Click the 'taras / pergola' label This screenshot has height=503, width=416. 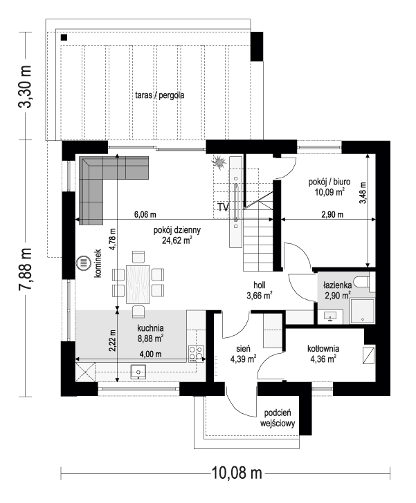pos(160,96)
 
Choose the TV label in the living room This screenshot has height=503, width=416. pos(224,207)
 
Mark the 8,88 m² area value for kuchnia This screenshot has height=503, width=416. pos(150,339)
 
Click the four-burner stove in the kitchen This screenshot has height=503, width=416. pos(196,352)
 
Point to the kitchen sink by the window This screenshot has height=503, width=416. pos(138,371)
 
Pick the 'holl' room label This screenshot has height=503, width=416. pos(259,284)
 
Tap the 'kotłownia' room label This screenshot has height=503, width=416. pos(322,349)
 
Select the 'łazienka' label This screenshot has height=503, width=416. pos(337,285)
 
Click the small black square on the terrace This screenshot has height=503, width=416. pos(64,37)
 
